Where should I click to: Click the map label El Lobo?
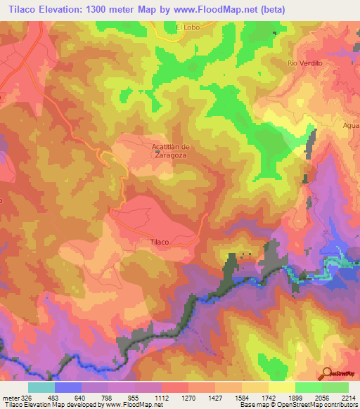pyautogui.click(x=188, y=27)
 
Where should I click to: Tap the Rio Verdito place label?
pyautogui.click(x=304, y=63)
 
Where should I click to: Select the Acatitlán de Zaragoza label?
pyautogui.click(x=172, y=151)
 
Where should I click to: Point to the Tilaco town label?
pyautogui.click(x=159, y=242)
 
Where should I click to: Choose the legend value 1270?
pyautogui.click(x=188, y=398)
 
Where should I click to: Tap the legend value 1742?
pyautogui.click(x=269, y=398)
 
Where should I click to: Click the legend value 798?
pyautogui.click(x=108, y=398)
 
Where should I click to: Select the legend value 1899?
pyautogui.click(x=295, y=398)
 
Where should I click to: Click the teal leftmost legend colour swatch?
pyautogui.click(x=41, y=387)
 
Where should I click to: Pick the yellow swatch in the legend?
pyautogui.click(x=282, y=387)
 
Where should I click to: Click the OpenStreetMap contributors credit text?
pyautogui.click(x=316, y=405)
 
